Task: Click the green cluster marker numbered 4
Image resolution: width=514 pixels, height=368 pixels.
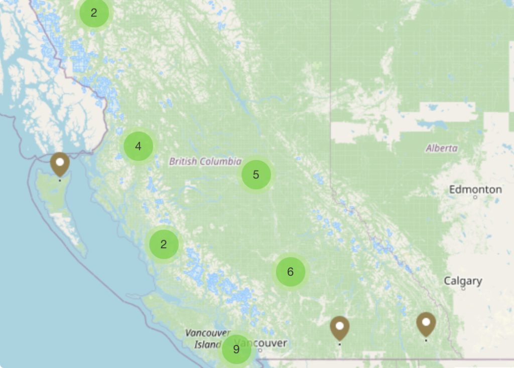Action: pos(138,146)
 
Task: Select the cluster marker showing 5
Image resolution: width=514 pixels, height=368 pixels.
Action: pos(256,174)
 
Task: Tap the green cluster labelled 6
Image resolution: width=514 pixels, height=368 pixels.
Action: pos(290,272)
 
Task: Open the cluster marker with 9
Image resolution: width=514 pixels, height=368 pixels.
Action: pos(236,349)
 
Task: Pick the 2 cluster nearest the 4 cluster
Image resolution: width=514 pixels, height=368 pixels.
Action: pos(164,244)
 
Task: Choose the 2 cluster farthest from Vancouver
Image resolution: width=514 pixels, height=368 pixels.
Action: pos(94,13)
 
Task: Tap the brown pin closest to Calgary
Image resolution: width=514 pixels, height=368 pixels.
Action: pos(426,324)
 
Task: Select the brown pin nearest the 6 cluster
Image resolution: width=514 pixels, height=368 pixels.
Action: pos(340,328)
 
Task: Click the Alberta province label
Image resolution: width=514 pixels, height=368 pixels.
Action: pos(442,148)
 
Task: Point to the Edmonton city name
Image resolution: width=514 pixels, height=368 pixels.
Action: pos(475,190)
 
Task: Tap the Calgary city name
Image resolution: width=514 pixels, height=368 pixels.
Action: pos(462,281)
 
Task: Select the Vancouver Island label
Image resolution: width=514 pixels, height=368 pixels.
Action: pos(207,338)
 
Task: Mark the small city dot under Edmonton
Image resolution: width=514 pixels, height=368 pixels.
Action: pos(475,198)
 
